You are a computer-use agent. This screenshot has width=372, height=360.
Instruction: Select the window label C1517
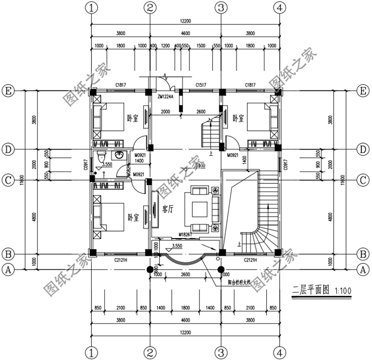[x=201, y=85]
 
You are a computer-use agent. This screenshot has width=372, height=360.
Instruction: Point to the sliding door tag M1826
[x=185, y=234]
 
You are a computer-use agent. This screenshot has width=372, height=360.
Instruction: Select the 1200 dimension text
[x=166, y=46]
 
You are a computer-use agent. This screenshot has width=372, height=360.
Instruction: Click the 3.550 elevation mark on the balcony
[x=176, y=245]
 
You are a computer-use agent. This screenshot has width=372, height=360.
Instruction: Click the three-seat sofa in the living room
[x=216, y=208]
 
